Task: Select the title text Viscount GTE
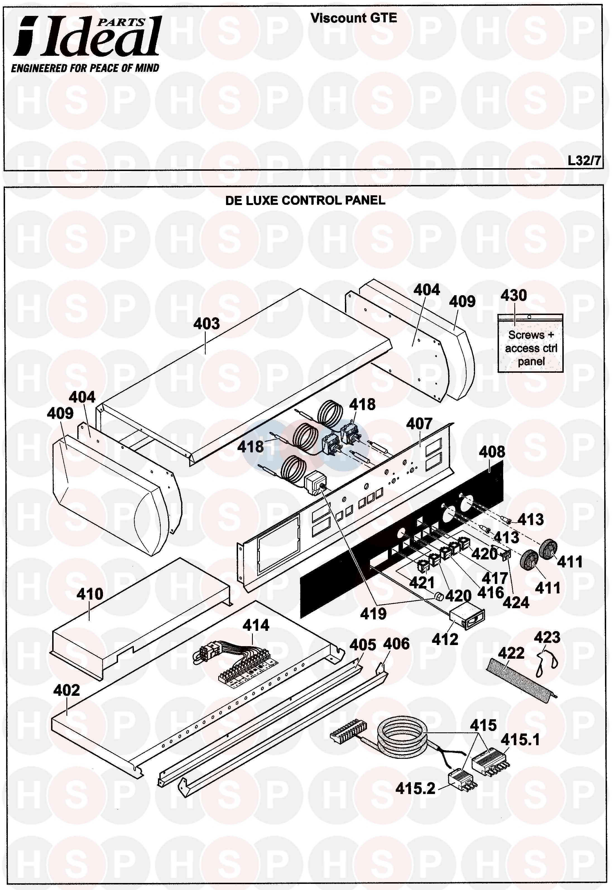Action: (353, 18)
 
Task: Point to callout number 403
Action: (206, 324)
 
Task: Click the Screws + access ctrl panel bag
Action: (530, 343)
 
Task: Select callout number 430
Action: (513, 295)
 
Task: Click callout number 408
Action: (492, 452)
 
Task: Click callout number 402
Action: (66, 690)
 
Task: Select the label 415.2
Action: (415, 788)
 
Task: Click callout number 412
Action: (445, 639)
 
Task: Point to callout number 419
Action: (373, 614)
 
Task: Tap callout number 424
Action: (516, 603)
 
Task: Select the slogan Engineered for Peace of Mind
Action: (85, 69)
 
